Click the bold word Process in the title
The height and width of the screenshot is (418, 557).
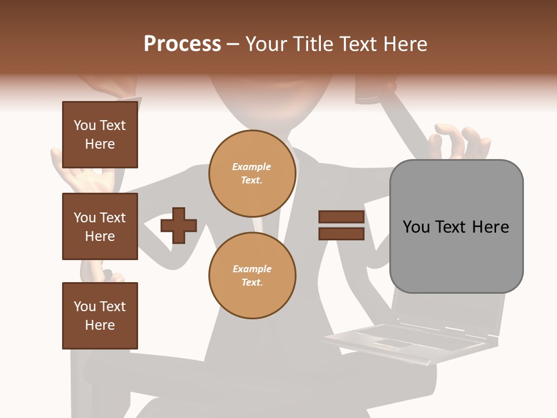[x=182, y=44]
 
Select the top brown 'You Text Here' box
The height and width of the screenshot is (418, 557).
[x=100, y=135]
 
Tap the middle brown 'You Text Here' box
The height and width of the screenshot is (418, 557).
[x=100, y=226]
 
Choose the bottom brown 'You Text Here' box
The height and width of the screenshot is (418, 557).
[x=100, y=316]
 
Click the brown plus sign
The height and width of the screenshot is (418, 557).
[x=179, y=225]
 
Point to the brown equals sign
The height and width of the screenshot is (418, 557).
[x=341, y=225]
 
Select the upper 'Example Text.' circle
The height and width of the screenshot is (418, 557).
[x=252, y=174]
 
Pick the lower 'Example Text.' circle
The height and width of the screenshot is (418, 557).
[x=252, y=276]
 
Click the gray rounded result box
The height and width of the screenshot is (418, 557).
[x=456, y=226]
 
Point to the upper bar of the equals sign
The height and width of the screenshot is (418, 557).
[x=341, y=217]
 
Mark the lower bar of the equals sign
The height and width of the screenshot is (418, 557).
[x=341, y=234]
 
